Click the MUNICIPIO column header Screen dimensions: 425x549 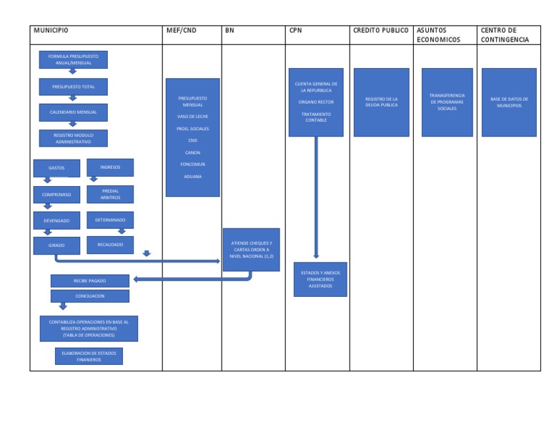pos(51,31)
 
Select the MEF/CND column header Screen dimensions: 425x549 pos(182,31)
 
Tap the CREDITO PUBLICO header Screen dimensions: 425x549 pos(380,31)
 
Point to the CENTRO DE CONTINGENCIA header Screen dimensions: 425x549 pos(505,35)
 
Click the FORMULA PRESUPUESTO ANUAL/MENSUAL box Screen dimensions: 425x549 pos(73,58)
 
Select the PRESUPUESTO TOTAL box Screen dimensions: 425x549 pos(73,87)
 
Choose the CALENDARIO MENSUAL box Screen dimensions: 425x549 pos(73,112)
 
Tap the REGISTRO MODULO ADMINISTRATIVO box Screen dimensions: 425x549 pos(73,138)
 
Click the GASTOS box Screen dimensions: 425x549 pos(56,168)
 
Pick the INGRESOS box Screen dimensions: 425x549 pos(110,167)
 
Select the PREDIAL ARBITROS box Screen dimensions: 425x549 pos(110,194)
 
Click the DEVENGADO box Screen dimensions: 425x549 pos(56,220)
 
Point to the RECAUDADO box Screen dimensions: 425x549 pos(110,245)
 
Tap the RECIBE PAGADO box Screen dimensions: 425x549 pos(90,280)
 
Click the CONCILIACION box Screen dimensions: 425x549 pos(90,295)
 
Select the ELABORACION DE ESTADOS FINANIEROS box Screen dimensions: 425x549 pos(89,356)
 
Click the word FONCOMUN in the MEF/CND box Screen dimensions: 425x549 pos(192,164)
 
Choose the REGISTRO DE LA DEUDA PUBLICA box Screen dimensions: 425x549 pos(381,102)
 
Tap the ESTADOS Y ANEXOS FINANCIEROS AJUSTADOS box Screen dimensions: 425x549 pos(320,279)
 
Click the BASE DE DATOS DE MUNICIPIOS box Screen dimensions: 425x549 pos(508,102)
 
